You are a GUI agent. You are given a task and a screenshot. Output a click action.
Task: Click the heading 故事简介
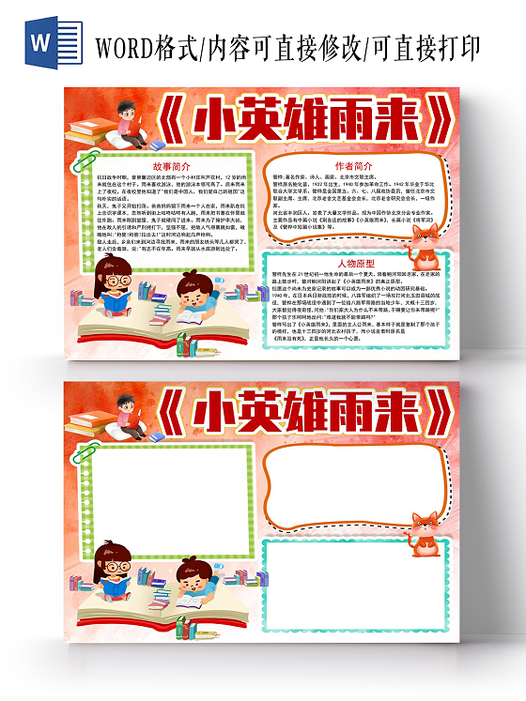pos(170,165)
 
